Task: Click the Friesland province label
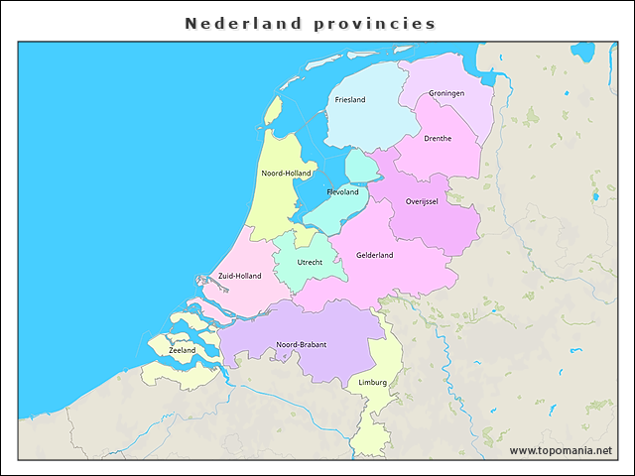350,100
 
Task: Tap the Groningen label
446,94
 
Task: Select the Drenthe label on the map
438,139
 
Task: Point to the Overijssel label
422,201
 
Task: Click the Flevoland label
342,192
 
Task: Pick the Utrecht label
310,263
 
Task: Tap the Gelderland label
375,255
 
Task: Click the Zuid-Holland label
239,276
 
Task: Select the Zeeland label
183,350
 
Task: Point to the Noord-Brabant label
302,345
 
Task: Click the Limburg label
373,382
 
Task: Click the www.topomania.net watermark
561,451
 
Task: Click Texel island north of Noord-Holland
273,111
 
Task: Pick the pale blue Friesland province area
362,124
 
